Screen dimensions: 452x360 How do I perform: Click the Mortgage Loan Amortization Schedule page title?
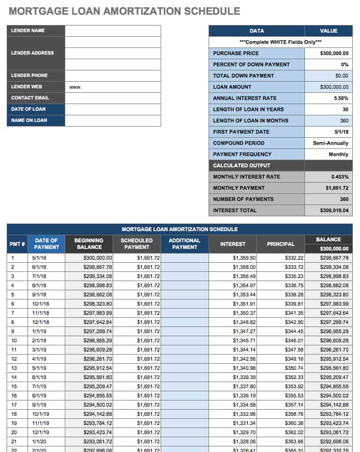tap(124, 11)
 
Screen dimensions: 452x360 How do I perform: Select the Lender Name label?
tap(28, 31)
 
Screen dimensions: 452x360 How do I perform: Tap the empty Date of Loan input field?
tap(113, 109)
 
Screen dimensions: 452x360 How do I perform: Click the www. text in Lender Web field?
tap(75, 87)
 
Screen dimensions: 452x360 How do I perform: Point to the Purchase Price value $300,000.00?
tap(334, 53)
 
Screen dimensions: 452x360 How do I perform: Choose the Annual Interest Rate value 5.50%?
tap(341, 98)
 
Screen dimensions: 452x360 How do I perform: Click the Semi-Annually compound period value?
tap(330, 143)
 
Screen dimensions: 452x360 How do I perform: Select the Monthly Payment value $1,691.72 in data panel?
tap(337, 188)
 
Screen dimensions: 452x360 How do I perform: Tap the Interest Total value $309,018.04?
tap(334, 211)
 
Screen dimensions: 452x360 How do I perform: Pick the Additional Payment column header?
tap(184, 244)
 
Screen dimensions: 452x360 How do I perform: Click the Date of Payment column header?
tap(46, 244)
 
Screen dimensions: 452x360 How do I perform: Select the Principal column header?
tap(280, 244)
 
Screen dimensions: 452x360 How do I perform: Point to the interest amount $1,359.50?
tap(244, 258)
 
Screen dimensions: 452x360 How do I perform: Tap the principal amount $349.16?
tap(294, 359)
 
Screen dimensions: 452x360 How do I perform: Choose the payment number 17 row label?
tap(14, 405)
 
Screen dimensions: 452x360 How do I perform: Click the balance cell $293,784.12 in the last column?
tap(334, 414)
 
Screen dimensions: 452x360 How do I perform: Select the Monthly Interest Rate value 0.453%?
tap(339, 177)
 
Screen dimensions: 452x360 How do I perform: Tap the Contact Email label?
tap(30, 98)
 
